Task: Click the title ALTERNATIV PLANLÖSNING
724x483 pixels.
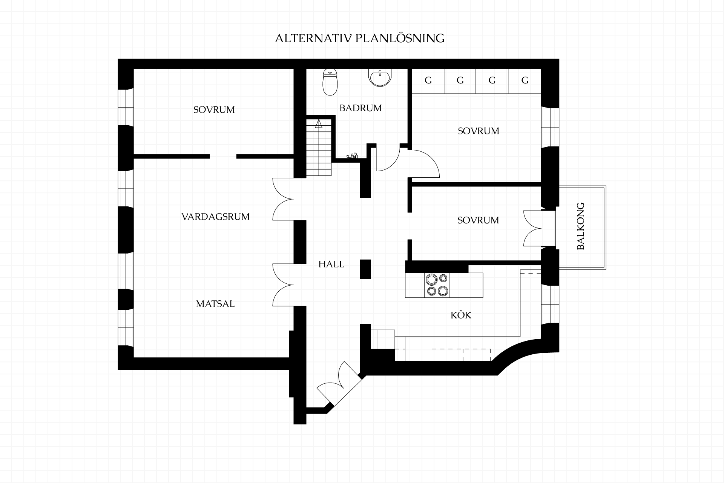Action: (360, 38)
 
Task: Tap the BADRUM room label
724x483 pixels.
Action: (360, 108)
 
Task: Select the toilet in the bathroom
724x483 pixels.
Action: (330, 82)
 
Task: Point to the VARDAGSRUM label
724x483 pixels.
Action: (215, 217)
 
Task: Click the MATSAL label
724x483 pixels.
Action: (215, 304)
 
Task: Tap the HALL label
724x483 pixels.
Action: (331, 264)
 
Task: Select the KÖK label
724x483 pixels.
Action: (461, 315)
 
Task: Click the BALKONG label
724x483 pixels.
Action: (581, 226)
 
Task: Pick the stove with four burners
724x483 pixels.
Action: (437, 285)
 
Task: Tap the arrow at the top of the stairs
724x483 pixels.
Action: (319, 124)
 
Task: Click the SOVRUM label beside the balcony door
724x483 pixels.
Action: (478, 220)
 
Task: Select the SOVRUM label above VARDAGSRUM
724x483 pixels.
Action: (214, 110)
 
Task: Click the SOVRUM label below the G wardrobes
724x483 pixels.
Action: (478, 131)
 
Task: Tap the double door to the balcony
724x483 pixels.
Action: (533, 228)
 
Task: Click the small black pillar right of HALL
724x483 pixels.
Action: (365, 269)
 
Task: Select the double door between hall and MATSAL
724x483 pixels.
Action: (283, 285)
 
